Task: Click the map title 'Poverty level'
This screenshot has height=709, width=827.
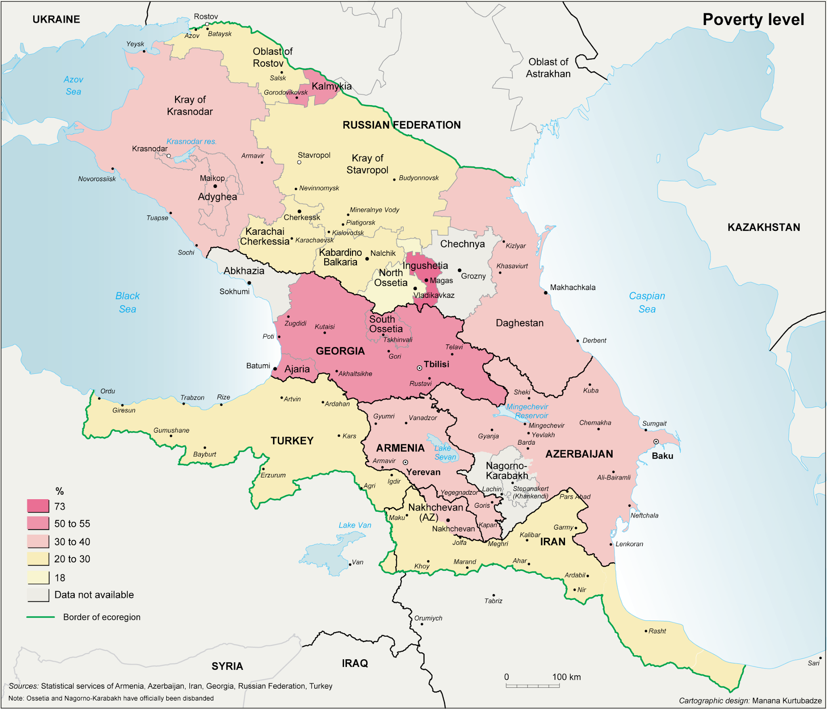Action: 753,20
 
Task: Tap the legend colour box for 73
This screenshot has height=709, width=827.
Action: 38,506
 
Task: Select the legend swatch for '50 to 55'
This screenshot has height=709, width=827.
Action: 38,523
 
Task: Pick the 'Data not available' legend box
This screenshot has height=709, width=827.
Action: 38,595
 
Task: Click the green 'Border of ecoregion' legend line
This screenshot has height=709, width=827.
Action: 40,617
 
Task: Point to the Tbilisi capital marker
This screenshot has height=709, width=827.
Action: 420,368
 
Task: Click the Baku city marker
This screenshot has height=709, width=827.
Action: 656,442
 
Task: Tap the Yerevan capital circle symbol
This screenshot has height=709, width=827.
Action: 405,462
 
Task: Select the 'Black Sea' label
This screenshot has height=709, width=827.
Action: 128,302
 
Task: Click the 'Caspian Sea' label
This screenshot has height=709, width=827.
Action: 647,302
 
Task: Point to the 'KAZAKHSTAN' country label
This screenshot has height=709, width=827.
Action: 764,227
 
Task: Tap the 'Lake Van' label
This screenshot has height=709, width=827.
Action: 355,525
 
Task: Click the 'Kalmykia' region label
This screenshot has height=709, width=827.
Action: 332,86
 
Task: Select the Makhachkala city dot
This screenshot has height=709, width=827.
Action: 546,293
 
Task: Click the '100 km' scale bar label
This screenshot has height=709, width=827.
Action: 566,677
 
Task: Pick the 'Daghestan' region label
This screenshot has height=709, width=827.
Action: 519,323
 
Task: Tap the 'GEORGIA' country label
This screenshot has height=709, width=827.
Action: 340,351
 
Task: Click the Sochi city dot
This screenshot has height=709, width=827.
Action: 197,245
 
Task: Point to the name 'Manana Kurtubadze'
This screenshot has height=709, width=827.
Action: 787,701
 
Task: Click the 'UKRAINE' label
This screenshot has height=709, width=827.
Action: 56,19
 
